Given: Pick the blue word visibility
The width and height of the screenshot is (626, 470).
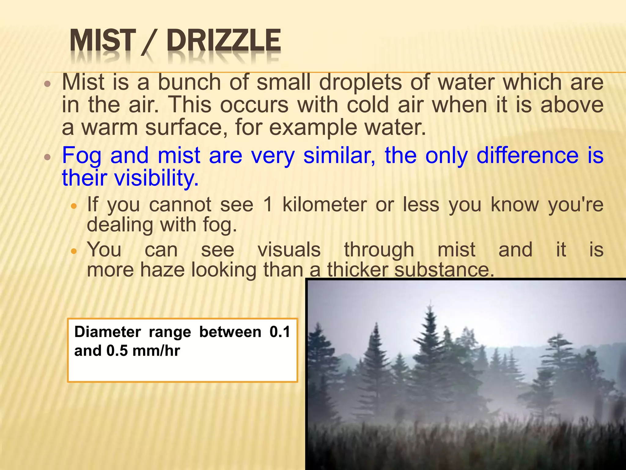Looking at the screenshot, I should (156, 178).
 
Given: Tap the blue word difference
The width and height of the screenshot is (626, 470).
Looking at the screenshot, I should (527, 155).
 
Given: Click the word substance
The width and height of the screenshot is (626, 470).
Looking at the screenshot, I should (444, 270).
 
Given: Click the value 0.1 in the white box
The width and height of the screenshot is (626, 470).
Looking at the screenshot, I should (280, 332).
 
